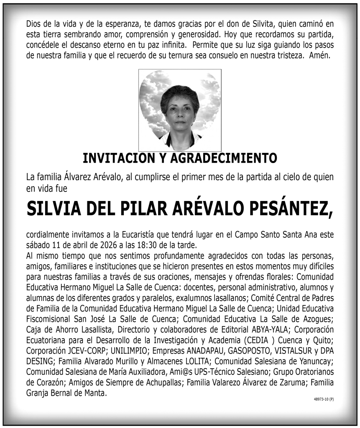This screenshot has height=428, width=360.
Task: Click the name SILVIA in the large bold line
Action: click(56, 208)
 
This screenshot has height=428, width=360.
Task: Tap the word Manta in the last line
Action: click(96, 393)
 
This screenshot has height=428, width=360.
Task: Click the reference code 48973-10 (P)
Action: click(324, 399)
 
